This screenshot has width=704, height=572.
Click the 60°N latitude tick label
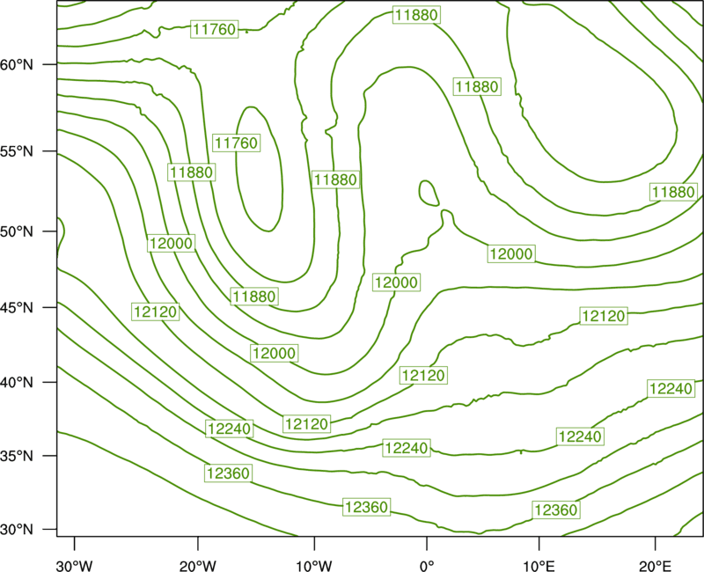pyautogui.click(x=17, y=64)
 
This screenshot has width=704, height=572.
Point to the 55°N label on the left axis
pyautogui.click(x=17, y=151)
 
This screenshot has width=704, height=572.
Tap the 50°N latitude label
pyautogui.click(x=17, y=231)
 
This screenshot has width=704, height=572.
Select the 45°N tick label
pyautogui.click(x=17, y=307)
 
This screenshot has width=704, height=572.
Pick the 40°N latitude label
pyautogui.click(x=17, y=383)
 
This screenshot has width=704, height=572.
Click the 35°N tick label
pyautogui.click(x=17, y=456)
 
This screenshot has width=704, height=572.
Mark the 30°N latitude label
pyautogui.click(x=17, y=530)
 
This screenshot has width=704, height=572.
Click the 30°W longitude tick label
pyautogui.click(x=74, y=566)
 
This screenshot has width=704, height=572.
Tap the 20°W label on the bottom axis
pyautogui.click(x=197, y=566)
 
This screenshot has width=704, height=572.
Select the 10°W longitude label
pyautogui.click(x=314, y=566)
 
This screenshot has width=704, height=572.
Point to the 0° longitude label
pyautogui.click(x=427, y=566)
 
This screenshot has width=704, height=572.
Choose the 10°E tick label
pyautogui.click(x=539, y=566)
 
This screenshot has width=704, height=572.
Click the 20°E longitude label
pyautogui.click(x=655, y=566)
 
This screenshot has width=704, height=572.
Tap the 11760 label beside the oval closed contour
pyautogui.click(x=236, y=143)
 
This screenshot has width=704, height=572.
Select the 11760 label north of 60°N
pyautogui.click(x=214, y=29)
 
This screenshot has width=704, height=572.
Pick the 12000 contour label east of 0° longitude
pyautogui.click(x=511, y=253)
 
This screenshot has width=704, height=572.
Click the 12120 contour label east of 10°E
pyautogui.click(x=604, y=316)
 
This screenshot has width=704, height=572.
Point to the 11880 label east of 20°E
pyautogui.click(x=673, y=192)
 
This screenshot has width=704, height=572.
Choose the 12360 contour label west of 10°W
pyautogui.click(x=229, y=473)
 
